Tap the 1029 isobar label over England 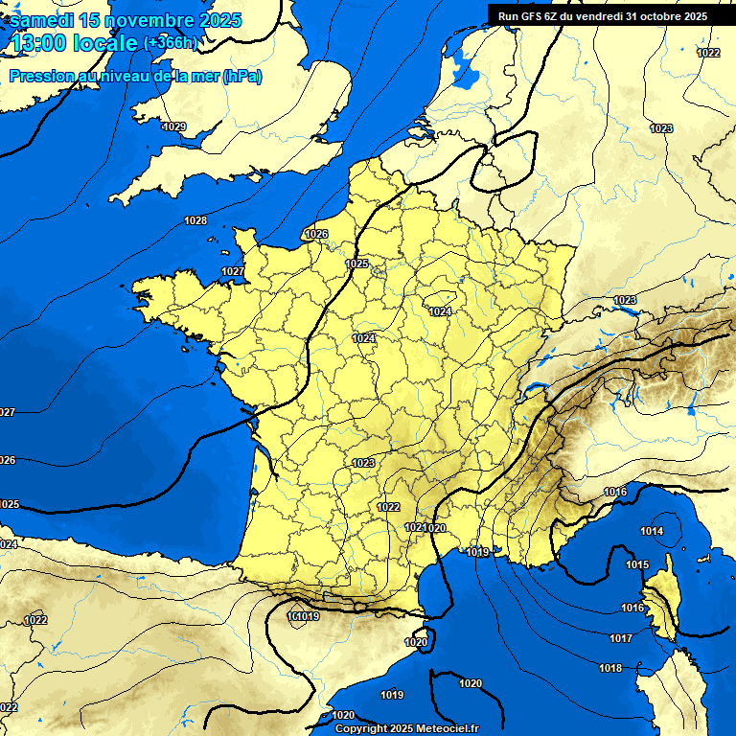pyautogui.click(x=174, y=126)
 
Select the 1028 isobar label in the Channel pyautogui.click(x=195, y=220)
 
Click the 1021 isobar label pyautogui.click(x=414, y=527)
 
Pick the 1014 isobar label pyautogui.click(x=652, y=531)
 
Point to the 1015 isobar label pyautogui.click(x=637, y=564)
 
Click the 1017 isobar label pyautogui.click(x=621, y=638)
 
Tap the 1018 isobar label pyautogui.click(x=610, y=668)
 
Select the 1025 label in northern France pyautogui.click(x=356, y=264)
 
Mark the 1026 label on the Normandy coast pyautogui.click(x=316, y=234)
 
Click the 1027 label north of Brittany pyautogui.click(x=233, y=271)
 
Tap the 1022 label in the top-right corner pyautogui.click(x=708, y=53)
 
